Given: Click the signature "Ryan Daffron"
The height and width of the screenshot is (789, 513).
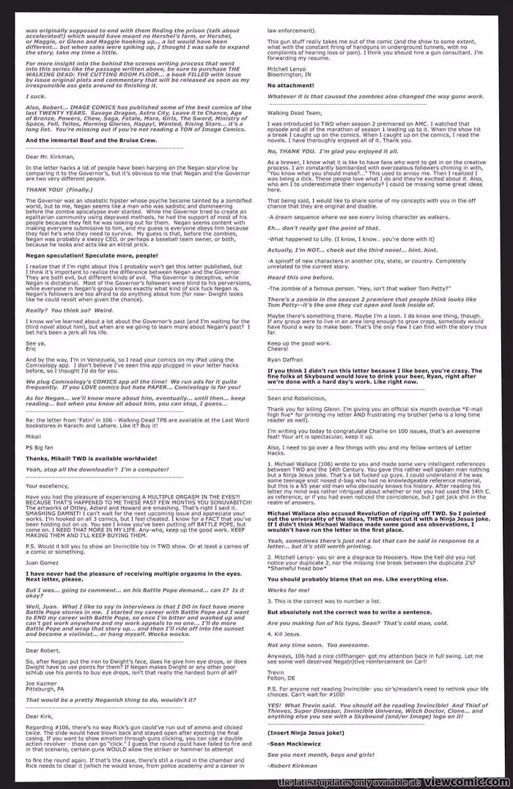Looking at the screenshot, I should pyautogui.click(x=287, y=361).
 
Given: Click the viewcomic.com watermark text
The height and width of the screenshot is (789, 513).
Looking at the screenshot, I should pyautogui.click(x=395, y=782).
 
